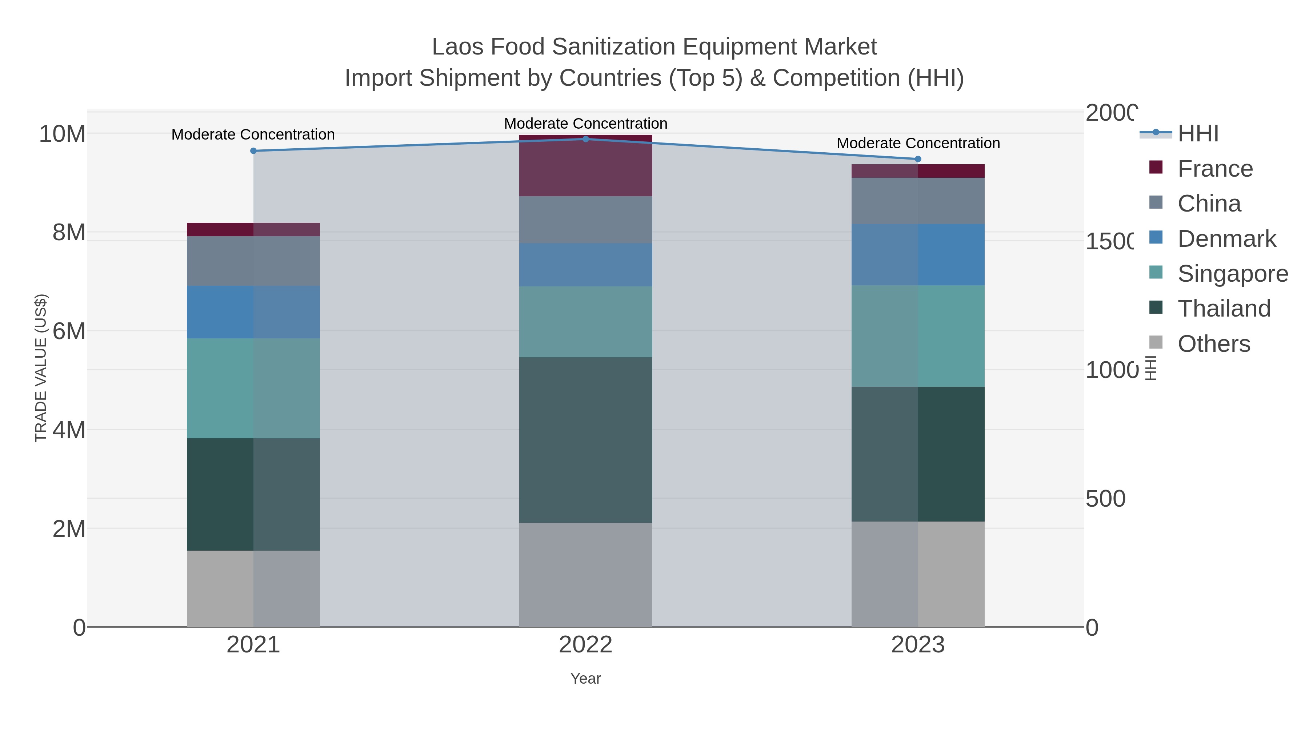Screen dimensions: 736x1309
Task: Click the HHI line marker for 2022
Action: pos(585,139)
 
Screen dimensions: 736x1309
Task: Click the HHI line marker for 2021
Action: pos(253,151)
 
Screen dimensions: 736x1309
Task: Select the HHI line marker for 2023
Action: pos(918,159)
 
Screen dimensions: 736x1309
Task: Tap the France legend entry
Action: pos(1214,169)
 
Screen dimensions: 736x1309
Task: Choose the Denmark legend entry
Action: pos(1226,239)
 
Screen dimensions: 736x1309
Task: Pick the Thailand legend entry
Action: pos(1224,308)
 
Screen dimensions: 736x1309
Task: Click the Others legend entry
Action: pos(1213,344)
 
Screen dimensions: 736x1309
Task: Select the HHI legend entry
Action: pos(1198,134)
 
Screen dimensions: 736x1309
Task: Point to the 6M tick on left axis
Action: pos(69,331)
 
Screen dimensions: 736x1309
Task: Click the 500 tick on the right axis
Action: pos(1105,499)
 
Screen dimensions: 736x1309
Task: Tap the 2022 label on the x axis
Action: pos(585,644)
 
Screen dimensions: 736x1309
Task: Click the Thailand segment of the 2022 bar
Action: pos(585,440)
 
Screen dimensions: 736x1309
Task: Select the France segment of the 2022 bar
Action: pos(585,166)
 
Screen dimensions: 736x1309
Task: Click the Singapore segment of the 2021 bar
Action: pos(253,388)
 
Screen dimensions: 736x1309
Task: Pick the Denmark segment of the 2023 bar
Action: pos(918,254)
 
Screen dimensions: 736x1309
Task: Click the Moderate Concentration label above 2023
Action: pos(918,143)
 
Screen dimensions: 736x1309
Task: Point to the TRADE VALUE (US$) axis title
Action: pos(41,368)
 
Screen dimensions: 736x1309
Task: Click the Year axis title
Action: pos(585,679)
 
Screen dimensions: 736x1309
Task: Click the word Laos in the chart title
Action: pos(457,47)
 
